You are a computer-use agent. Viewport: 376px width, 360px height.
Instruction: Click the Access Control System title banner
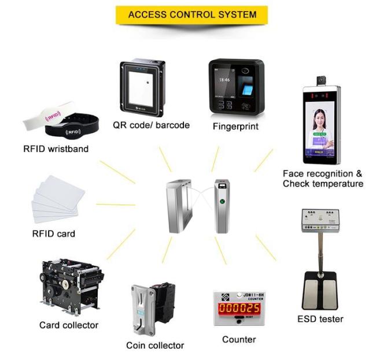191,15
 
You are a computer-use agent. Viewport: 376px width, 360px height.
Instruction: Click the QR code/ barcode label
151,125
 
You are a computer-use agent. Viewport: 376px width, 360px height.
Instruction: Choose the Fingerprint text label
237,125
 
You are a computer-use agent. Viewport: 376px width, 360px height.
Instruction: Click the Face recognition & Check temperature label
323,179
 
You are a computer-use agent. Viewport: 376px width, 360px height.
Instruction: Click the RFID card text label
54,234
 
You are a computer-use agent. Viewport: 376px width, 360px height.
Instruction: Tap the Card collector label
69,325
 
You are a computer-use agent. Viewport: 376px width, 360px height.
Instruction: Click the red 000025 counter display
239,309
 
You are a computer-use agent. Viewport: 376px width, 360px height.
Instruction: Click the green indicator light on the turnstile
222,203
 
